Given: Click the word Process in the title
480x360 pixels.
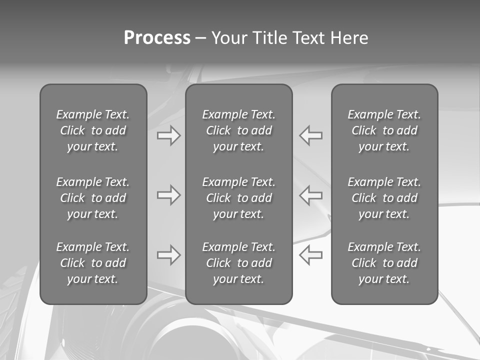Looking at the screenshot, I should pos(157,38).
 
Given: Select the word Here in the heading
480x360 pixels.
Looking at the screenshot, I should pos(349,38).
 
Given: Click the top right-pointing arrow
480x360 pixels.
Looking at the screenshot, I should pos(168,135).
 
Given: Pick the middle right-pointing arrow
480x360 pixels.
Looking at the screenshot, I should pos(168,194).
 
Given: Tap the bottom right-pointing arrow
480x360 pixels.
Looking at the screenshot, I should pos(168,254).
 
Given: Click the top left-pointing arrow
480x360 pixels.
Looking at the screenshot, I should pos(311,135).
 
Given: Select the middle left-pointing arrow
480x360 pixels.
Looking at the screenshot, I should pos(311,194).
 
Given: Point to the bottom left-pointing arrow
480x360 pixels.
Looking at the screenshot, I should pos(311,254).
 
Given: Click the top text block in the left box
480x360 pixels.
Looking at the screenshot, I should pos(93,130).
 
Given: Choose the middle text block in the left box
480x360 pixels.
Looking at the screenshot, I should pos(93,198).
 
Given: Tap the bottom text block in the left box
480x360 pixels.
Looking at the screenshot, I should pos(93,263).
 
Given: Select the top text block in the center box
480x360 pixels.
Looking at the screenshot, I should pos(239,130).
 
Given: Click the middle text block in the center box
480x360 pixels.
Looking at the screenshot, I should pos(239,198).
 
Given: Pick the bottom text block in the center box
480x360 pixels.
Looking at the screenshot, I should pos(239,263).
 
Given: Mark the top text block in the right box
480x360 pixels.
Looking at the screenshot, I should pos(384,130).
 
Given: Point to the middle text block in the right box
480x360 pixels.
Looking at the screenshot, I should pos(384,198).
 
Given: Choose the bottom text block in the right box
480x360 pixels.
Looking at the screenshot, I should pos(384,263).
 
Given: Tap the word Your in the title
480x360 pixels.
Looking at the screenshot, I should pos(230,38).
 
